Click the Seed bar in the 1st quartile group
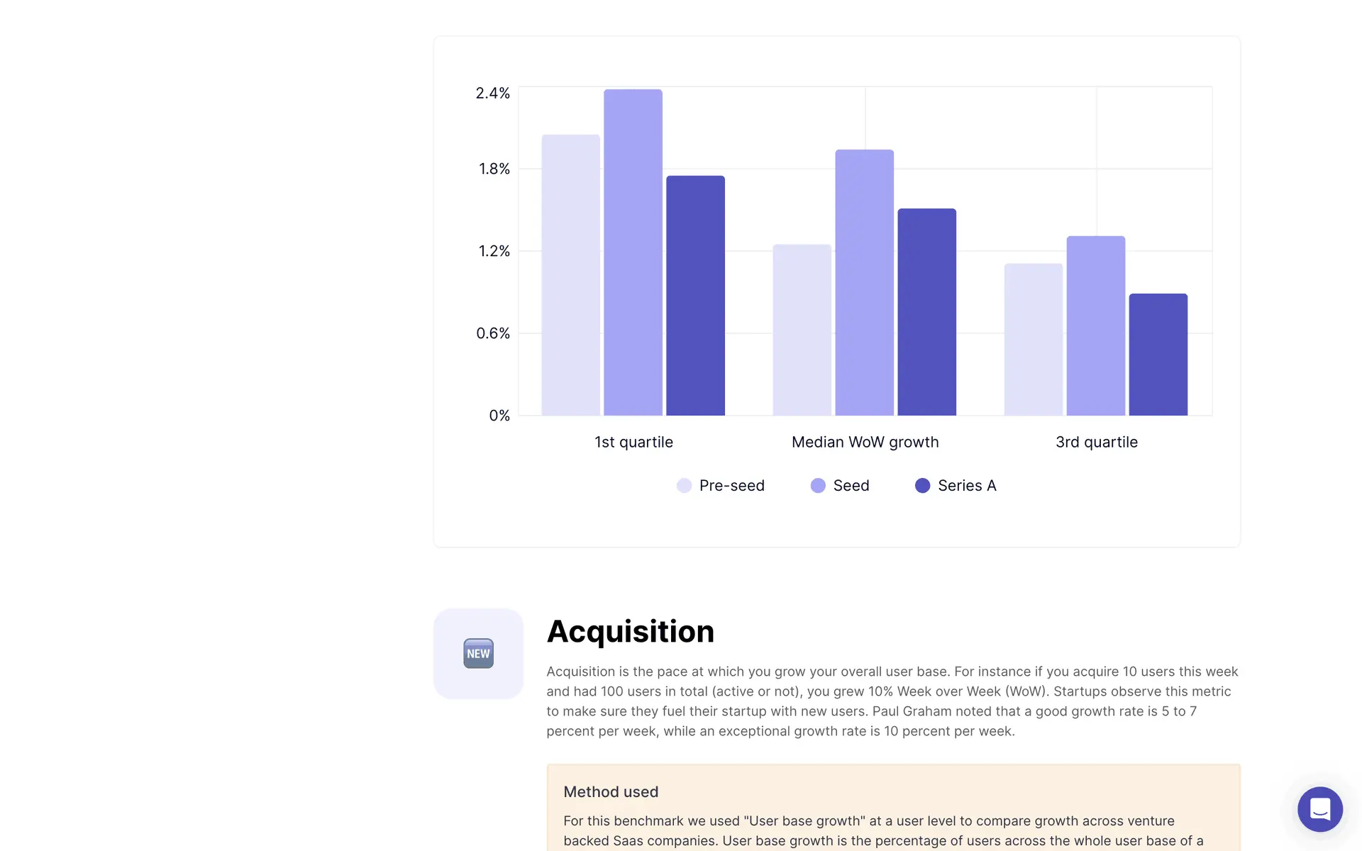[x=633, y=252]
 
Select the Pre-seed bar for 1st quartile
[x=570, y=275]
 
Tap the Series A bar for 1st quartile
[x=695, y=296]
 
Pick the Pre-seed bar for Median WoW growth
[x=802, y=330]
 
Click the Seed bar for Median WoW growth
[x=864, y=282]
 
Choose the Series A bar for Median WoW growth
[x=926, y=312]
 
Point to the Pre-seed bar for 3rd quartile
[x=1033, y=340]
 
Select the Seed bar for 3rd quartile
[x=1095, y=326]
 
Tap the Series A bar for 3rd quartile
[x=1158, y=355]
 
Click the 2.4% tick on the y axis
[x=492, y=94]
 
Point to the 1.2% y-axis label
[x=494, y=251]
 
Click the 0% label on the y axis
[x=499, y=416]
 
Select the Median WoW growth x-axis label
[x=865, y=442]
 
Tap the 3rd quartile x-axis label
[x=1096, y=442]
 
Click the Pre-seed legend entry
[x=721, y=486]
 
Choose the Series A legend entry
[x=956, y=486]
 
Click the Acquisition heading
[x=630, y=631]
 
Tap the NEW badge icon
[x=478, y=653]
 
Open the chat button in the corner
[x=1319, y=809]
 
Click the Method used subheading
[x=611, y=791]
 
